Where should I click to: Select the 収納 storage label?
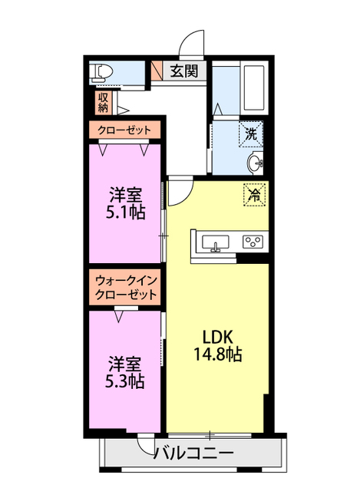pyautogui.click(x=103, y=102)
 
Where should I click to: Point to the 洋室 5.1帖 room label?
pyautogui.click(x=125, y=201)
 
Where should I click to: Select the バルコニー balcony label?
pyautogui.click(x=194, y=453)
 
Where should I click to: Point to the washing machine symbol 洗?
pyautogui.click(x=251, y=133)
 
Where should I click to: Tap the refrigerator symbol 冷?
pyautogui.click(x=254, y=194)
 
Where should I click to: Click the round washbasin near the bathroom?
pyautogui.click(x=256, y=163)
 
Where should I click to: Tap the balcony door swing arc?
pyautogui.click(x=146, y=444)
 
